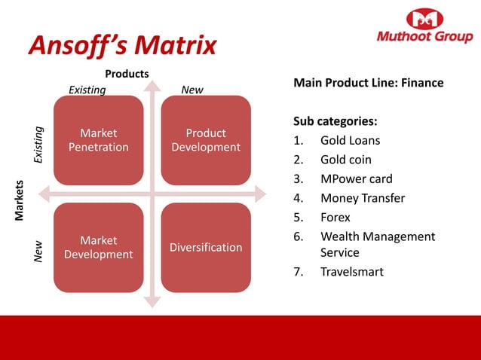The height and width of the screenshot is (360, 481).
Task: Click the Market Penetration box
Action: pos(98,140)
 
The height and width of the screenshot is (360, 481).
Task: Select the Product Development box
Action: pos(206,140)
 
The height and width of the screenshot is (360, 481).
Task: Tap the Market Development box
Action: pos(98,247)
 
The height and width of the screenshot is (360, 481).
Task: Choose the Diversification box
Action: pos(206,247)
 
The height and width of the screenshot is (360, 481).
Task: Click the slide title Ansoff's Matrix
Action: pos(122,45)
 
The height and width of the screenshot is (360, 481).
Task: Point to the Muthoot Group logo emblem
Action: pos(424,20)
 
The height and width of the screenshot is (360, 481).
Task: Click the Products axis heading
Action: pos(127,74)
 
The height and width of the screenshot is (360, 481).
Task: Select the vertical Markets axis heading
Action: pos(21,200)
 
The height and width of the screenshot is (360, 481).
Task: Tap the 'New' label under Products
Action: pos(192,90)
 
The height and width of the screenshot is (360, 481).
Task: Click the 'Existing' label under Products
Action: pos(87,90)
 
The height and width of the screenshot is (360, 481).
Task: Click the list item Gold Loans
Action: pos(350,141)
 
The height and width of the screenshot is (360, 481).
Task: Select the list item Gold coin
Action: pos(345,160)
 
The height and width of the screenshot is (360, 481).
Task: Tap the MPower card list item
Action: pos(356,179)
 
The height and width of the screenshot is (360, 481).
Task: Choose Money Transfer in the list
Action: pos(362,198)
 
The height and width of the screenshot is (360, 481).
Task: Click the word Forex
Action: pos(335,218)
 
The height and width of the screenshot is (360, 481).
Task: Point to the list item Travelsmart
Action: pos(351,271)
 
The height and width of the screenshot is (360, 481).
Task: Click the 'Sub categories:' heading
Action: pos(335,121)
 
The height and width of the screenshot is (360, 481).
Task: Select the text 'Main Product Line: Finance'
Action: pos(368,82)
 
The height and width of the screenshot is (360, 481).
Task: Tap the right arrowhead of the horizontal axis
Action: pos(261,194)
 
